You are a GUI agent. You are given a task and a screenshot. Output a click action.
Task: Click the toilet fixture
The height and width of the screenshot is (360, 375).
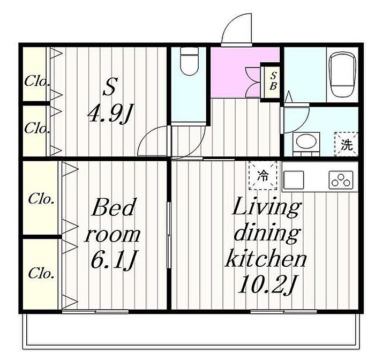click(x=190, y=62)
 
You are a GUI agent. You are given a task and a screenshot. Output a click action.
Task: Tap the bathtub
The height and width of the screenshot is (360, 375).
click(x=342, y=74)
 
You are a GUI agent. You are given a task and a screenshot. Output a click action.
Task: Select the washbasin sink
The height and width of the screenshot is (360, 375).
click(x=306, y=141)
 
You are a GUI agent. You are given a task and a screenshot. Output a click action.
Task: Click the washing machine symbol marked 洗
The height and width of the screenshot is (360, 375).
click(x=347, y=145)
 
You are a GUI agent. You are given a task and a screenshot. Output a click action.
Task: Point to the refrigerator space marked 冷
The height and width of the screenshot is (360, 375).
click(x=263, y=176)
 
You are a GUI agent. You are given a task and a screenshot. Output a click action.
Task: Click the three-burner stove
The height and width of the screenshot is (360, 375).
click(x=341, y=180)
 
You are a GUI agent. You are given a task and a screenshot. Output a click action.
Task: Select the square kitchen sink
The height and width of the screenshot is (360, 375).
click(x=294, y=180)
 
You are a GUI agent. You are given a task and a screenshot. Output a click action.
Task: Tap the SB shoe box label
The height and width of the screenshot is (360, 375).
click(x=273, y=81)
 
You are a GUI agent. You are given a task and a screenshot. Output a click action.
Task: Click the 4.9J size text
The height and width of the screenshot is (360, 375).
click(x=110, y=114)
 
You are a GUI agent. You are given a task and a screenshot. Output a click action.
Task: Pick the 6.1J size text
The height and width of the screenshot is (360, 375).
click(x=114, y=260)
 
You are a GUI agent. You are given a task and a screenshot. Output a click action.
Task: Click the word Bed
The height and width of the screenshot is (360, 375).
click(x=113, y=207)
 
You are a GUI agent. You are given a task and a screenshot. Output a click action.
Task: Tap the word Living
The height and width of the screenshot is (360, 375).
click(x=266, y=207)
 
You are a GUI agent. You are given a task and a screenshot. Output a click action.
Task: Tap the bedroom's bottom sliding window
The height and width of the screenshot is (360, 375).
click(x=95, y=311)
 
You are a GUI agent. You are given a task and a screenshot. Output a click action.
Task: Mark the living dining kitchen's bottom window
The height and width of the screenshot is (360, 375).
click(x=283, y=311)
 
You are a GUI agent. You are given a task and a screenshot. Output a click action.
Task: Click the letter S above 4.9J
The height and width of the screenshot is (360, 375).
click(x=110, y=87)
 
